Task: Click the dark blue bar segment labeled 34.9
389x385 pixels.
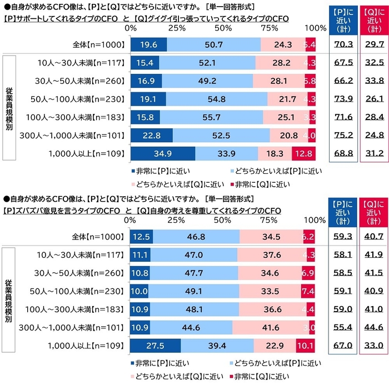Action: pyautogui.click(x=162, y=153)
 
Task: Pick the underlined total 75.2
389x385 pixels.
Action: pyautogui.click(x=341, y=135)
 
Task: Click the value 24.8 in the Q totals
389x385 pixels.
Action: pyautogui.click(x=372, y=135)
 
